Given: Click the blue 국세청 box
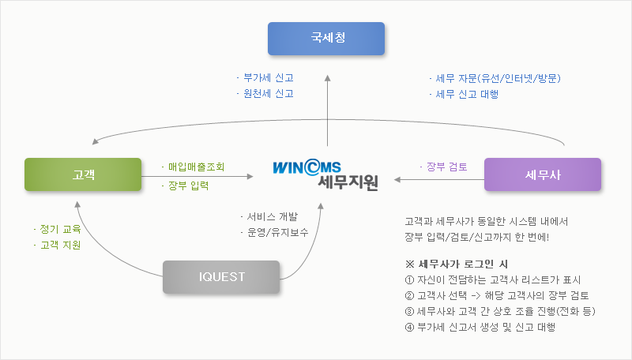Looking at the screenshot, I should (325, 38).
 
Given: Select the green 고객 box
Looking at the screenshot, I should (83, 174).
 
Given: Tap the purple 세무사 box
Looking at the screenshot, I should (542, 174).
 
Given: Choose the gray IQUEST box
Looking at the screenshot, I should (222, 276).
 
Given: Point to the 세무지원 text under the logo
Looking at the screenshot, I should (348, 183).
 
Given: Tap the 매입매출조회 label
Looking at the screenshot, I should (195, 167).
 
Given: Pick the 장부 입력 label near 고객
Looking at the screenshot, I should (187, 186).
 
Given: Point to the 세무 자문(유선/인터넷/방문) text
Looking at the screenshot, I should (497, 78).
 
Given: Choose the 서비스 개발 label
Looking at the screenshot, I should (266, 216).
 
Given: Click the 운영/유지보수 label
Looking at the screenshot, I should (274, 232).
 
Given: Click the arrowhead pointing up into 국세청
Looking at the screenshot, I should (325, 76).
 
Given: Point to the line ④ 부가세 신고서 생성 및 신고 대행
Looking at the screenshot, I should (480, 327).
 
